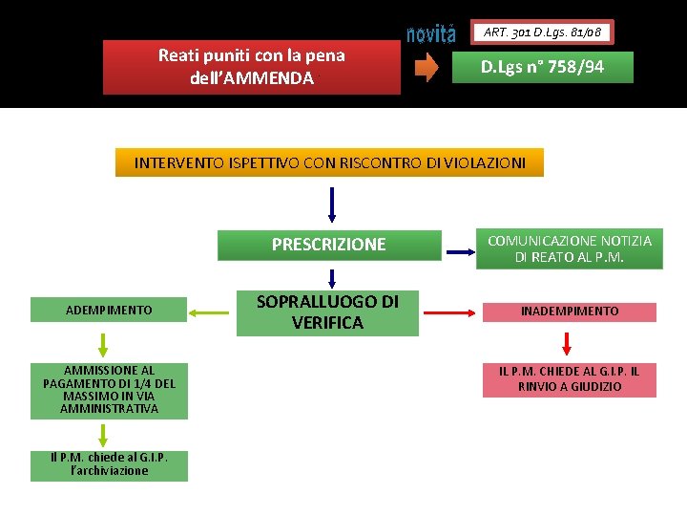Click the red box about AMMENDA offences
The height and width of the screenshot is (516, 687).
click(x=252, y=67)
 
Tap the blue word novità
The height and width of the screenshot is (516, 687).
click(x=431, y=35)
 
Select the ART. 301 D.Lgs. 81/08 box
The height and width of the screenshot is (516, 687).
click(x=542, y=32)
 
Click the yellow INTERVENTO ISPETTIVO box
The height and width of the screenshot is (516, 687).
click(x=329, y=162)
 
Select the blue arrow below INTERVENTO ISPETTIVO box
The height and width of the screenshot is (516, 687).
click(x=332, y=204)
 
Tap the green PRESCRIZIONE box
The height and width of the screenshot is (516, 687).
click(x=329, y=245)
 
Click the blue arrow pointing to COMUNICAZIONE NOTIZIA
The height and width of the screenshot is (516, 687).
click(x=460, y=252)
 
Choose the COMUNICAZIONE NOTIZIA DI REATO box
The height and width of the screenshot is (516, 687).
click(x=571, y=249)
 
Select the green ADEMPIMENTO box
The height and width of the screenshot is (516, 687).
click(x=109, y=310)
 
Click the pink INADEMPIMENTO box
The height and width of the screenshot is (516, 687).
click(x=569, y=312)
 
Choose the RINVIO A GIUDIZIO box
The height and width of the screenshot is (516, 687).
click(x=569, y=379)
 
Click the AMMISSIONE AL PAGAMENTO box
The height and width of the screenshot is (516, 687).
click(x=109, y=390)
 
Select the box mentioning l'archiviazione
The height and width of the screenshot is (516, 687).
click(x=109, y=464)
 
